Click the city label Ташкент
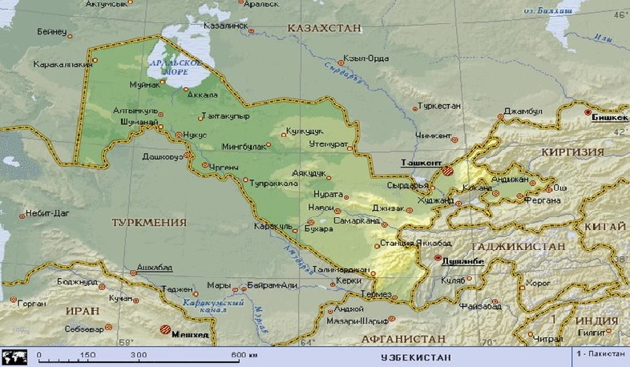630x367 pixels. [421, 162]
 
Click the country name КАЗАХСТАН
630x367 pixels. [321, 28]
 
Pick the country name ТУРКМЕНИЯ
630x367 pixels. [149, 222]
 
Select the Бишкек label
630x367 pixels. [609, 118]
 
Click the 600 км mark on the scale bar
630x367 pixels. [244, 354]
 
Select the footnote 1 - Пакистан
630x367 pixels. [600, 353]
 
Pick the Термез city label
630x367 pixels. [377, 293]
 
